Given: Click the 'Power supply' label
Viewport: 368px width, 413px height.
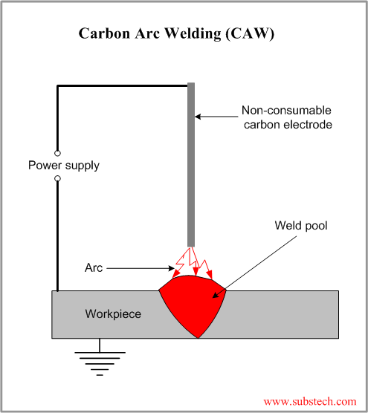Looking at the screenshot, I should (64, 165).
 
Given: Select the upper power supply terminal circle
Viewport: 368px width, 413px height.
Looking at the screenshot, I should (57, 152).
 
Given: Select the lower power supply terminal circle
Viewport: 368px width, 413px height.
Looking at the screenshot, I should (57, 178).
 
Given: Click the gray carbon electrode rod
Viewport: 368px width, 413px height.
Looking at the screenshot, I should (191, 163).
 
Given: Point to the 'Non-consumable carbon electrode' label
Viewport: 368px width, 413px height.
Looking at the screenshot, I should (286, 118).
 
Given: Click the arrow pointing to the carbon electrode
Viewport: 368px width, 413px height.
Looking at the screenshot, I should (216, 117).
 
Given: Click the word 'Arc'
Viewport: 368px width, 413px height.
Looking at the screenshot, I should (94, 267).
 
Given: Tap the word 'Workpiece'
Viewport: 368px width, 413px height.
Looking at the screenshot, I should (114, 314).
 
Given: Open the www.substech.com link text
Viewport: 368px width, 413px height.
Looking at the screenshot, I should (309, 401).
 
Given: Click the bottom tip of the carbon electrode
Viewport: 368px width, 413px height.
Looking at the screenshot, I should (191, 242).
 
